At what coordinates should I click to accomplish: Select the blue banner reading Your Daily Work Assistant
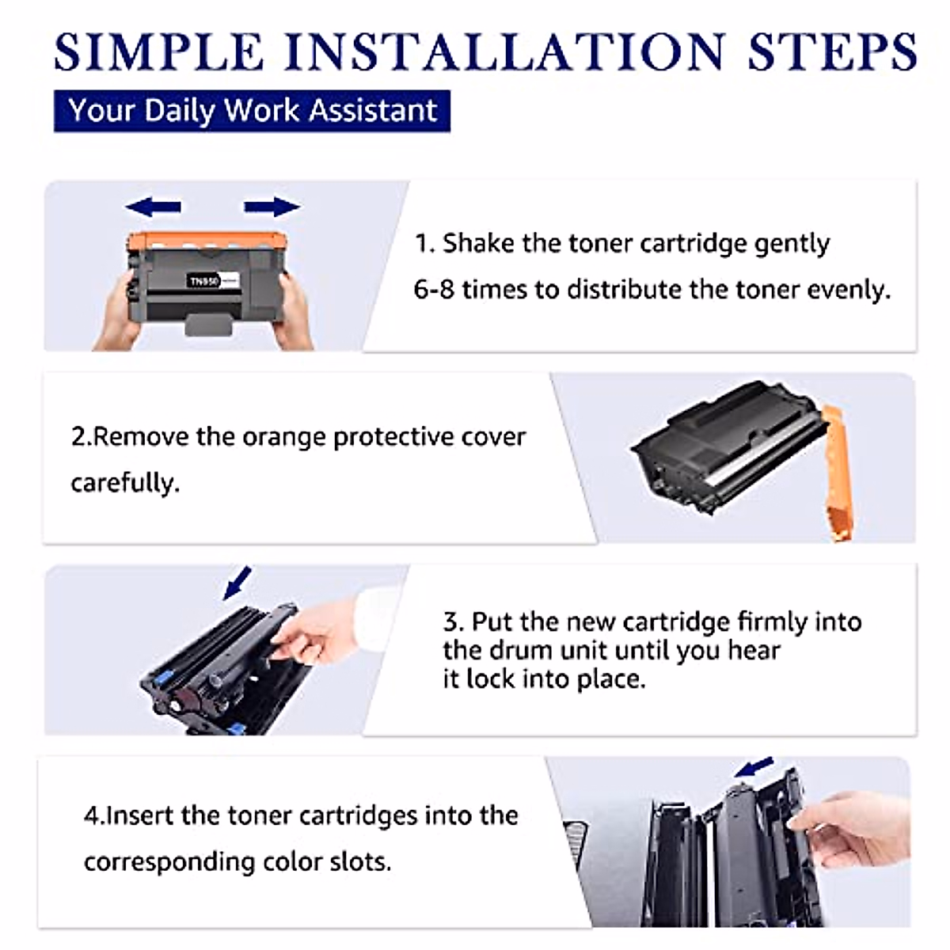(252, 111)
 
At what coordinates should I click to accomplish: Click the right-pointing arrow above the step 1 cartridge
(272, 207)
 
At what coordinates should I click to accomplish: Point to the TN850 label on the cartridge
(203, 281)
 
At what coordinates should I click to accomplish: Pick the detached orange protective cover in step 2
(837, 471)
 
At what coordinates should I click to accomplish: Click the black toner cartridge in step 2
(728, 447)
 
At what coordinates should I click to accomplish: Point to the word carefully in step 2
(124, 483)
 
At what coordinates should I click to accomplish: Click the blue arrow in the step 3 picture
(237, 583)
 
